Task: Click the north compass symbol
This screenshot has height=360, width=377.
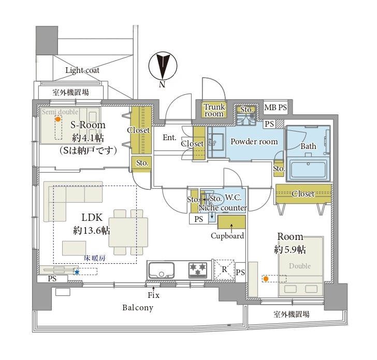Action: [163, 66]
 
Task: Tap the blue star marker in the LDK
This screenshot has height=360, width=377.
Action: [77, 272]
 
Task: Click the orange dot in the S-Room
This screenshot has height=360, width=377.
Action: [58, 119]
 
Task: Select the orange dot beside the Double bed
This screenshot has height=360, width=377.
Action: [266, 279]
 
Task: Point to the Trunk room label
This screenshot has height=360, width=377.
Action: [214, 110]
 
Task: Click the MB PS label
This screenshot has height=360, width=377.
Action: [275, 108]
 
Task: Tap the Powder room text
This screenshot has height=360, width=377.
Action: [254, 142]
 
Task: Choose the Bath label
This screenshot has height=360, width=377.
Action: [308, 146]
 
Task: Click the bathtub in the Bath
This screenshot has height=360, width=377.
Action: [309, 170]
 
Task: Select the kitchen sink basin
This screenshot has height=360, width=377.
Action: [162, 270]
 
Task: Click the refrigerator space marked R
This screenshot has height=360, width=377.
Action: [224, 269]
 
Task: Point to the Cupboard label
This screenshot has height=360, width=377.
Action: [227, 236]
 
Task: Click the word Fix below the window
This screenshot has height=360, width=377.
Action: [154, 295]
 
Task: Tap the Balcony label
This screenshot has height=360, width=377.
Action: [138, 308]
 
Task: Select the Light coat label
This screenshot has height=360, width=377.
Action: [82, 70]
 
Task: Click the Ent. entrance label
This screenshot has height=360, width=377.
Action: [169, 138]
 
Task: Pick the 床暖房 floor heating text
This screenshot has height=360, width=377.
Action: [94, 258]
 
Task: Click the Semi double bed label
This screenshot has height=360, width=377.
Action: [60, 112]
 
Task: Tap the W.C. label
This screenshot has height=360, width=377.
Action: [233, 198]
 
